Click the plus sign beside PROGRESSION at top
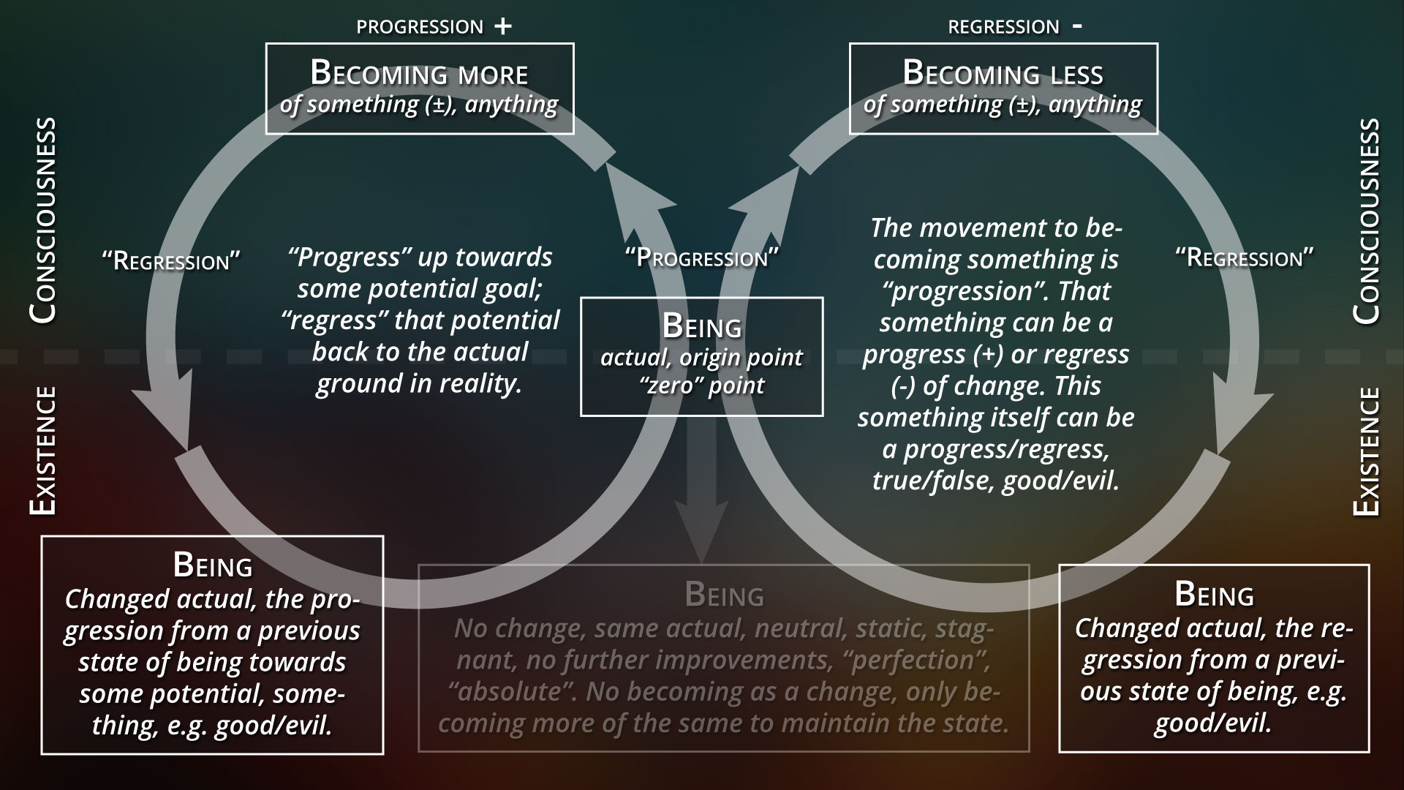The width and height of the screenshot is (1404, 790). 502,26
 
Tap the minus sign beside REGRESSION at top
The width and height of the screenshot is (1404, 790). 1076,26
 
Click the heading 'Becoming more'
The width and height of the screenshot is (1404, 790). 419,73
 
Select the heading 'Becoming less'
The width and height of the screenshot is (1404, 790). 1003,73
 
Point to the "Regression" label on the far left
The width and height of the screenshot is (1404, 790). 171,260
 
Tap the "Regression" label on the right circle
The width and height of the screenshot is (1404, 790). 1244,257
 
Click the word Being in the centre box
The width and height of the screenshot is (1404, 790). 701,326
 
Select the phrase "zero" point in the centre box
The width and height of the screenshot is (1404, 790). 701,385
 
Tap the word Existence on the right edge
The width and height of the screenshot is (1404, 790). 1366,452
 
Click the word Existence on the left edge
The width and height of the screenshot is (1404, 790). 43,452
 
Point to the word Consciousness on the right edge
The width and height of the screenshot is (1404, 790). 1366,221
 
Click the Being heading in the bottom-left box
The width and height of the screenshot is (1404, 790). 212,565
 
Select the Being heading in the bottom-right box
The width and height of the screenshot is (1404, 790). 1214,594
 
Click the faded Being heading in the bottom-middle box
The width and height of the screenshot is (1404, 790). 724,595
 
